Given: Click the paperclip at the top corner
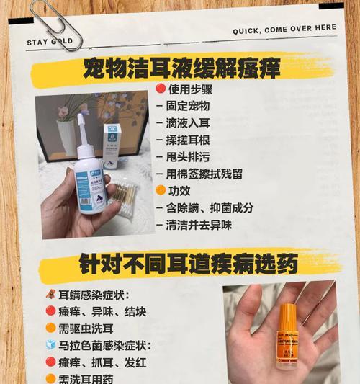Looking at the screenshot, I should pyautogui.click(x=54, y=24).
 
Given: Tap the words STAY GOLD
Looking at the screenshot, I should pyautogui.click(x=50, y=43).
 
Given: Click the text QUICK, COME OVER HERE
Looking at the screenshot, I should pyautogui.click(x=284, y=30).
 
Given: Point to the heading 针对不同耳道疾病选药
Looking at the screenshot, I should pyautogui.click(x=189, y=264).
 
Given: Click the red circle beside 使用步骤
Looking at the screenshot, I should pyautogui.click(x=161, y=90).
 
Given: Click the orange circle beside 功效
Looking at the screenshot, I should pyautogui.click(x=161, y=191).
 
